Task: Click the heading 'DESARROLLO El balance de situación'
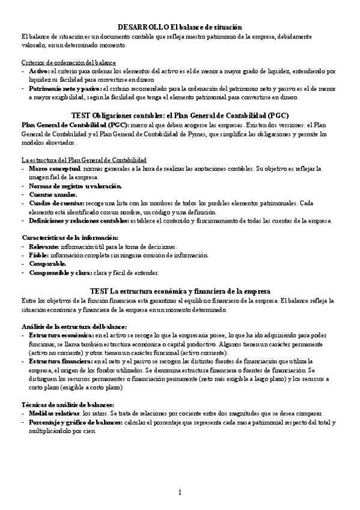[180, 27]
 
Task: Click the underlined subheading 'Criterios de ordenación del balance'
[69, 63]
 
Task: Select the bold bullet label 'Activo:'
[40, 71]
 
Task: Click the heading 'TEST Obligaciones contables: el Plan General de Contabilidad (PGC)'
[180, 115]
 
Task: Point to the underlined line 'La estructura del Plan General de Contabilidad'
[84, 160]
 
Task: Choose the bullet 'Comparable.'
[47, 264]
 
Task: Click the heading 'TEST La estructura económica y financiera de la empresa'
[180, 291]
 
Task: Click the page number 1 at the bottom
[180, 493]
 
